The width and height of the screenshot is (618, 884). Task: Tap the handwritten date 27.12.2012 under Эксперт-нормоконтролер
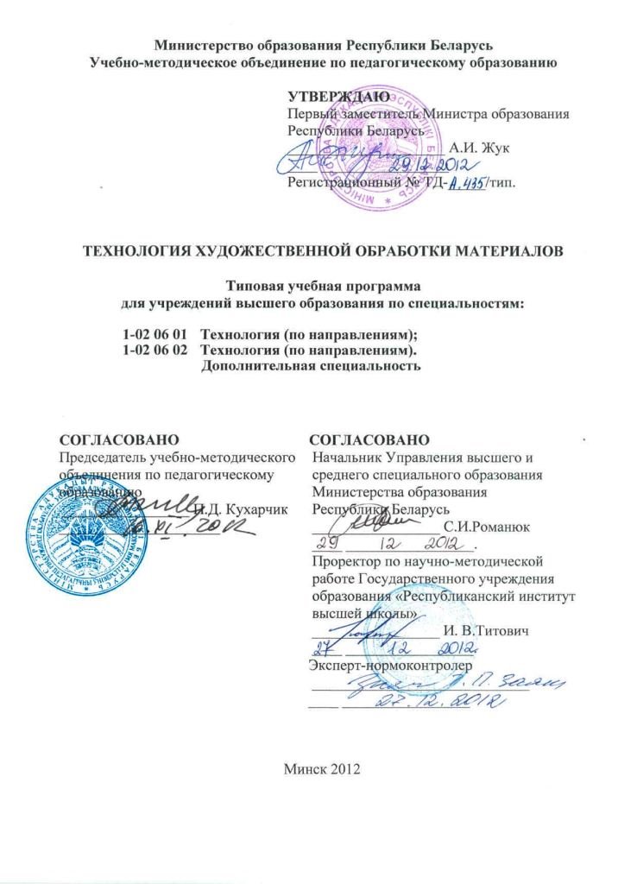427,701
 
